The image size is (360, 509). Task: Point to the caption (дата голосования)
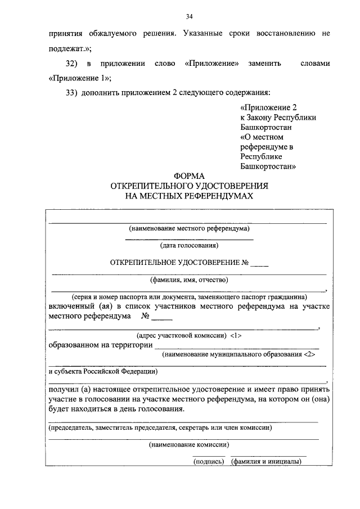(189, 245)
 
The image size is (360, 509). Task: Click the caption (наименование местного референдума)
(189, 228)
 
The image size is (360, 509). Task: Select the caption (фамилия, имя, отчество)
(189, 279)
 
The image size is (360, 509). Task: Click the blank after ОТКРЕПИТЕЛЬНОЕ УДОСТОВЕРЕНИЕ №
(259, 263)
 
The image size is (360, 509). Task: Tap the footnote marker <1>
(236, 335)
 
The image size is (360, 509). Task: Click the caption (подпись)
(209, 462)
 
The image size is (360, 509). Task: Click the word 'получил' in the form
(62, 389)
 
